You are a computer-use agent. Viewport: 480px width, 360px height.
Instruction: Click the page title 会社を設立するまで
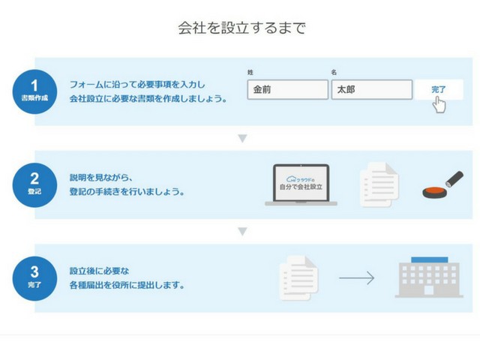coord(241,28)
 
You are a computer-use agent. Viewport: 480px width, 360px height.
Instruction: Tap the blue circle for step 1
coord(34,91)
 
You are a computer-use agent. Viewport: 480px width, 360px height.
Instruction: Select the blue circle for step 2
coord(34,185)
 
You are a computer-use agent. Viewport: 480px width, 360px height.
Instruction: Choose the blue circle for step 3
coord(34,278)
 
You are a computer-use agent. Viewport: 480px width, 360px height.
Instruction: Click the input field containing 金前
coord(288,90)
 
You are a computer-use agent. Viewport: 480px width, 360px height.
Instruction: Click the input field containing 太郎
coord(372,90)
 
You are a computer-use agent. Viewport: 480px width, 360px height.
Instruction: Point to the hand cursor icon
coord(439,104)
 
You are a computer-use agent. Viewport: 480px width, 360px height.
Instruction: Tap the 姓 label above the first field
coord(250,73)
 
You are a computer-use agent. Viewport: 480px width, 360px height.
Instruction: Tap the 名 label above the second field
coord(334,73)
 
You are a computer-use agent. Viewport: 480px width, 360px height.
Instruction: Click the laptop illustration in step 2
coord(301,185)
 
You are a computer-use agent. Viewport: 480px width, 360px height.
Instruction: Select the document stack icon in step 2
coord(379,184)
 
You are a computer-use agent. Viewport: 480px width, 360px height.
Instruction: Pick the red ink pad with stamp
coord(442,184)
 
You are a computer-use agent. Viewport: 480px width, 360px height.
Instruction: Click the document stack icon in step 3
coord(298,278)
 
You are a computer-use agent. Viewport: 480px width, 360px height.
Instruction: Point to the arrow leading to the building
coord(357,278)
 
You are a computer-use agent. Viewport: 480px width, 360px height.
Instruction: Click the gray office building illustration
coord(429,277)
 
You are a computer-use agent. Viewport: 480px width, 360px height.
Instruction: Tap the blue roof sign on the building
coord(429,260)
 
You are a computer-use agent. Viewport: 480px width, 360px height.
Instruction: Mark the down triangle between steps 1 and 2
coord(242,139)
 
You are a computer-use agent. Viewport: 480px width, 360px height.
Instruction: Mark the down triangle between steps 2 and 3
coord(242,232)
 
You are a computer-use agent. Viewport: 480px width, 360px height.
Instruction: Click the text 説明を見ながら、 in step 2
coord(100,178)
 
